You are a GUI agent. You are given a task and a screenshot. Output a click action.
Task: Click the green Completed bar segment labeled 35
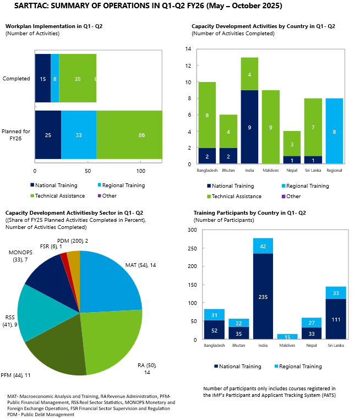78,79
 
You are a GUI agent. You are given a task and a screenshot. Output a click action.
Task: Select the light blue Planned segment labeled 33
79,135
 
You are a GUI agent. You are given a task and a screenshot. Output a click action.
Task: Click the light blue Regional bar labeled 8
335,131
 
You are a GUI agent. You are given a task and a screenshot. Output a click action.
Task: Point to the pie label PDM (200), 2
73,241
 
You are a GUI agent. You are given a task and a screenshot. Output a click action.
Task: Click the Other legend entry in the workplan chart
109,196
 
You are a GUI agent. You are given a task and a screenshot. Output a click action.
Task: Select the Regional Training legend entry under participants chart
299,366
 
